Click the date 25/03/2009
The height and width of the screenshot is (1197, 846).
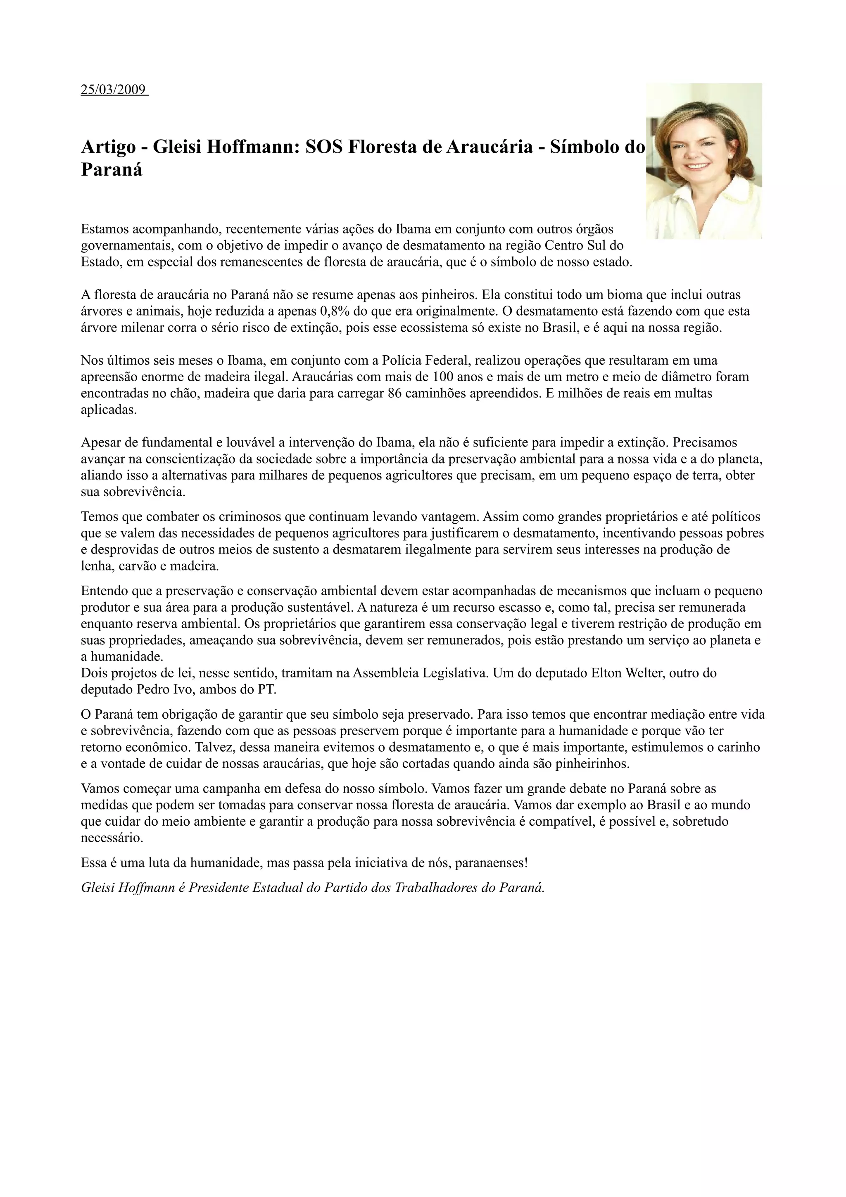(x=113, y=90)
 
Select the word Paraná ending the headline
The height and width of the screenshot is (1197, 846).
(x=112, y=170)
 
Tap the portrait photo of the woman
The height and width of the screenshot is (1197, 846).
(x=704, y=161)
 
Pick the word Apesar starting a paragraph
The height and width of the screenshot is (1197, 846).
(x=100, y=443)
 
